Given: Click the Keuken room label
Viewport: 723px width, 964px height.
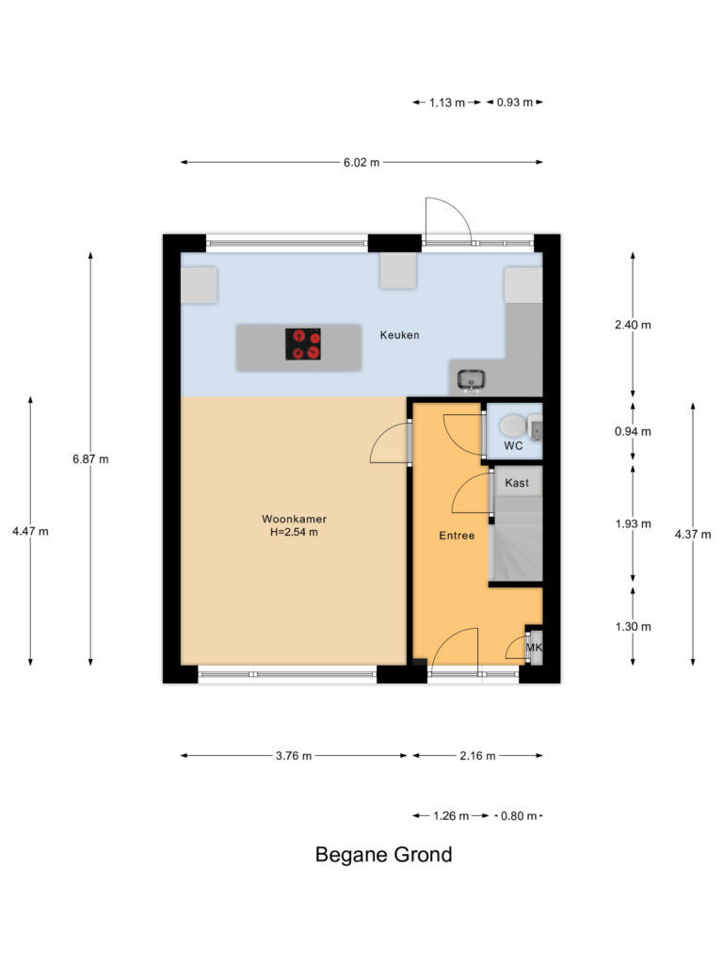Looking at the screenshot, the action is [x=399, y=335].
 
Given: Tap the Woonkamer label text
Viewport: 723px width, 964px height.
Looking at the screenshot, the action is [x=294, y=519].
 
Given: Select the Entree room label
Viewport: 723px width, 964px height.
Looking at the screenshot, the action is [x=457, y=536].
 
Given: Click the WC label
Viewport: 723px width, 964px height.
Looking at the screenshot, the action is [x=513, y=445].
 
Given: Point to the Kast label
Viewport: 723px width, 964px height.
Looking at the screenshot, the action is [x=517, y=483].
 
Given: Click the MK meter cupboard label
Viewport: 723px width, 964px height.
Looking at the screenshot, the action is [x=535, y=648].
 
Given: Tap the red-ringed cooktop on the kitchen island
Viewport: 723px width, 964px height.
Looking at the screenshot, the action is [x=303, y=345].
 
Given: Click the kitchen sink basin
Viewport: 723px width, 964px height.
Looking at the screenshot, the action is [x=472, y=379].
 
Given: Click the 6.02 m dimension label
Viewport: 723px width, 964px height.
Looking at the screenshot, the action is [x=361, y=162].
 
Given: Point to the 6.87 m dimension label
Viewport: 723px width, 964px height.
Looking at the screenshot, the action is [x=90, y=458].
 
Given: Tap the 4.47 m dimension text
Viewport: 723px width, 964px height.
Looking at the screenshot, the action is [x=30, y=531].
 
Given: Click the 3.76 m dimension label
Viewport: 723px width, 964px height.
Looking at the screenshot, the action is [x=294, y=756].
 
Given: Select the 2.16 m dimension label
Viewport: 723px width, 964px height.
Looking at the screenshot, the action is [x=477, y=756].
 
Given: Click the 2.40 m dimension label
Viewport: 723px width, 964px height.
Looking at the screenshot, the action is [x=633, y=325].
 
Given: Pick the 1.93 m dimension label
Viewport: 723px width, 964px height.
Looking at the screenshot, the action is [x=633, y=523].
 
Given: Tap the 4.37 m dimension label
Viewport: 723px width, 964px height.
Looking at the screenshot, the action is [x=693, y=535].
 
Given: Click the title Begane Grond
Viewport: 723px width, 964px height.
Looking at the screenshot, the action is [x=384, y=855].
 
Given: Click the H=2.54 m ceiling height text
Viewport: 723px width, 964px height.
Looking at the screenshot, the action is [x=294, y=533].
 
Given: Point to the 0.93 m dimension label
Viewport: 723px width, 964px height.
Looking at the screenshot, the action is [x=515, y=102].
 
